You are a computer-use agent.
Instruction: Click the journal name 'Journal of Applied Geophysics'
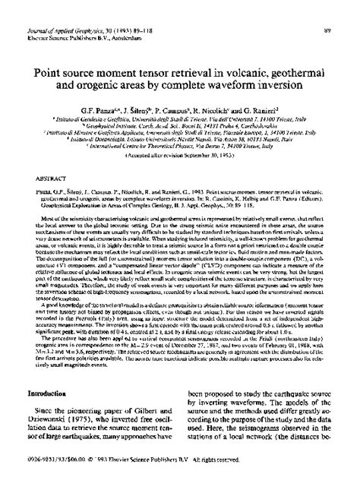pos(47,8)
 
